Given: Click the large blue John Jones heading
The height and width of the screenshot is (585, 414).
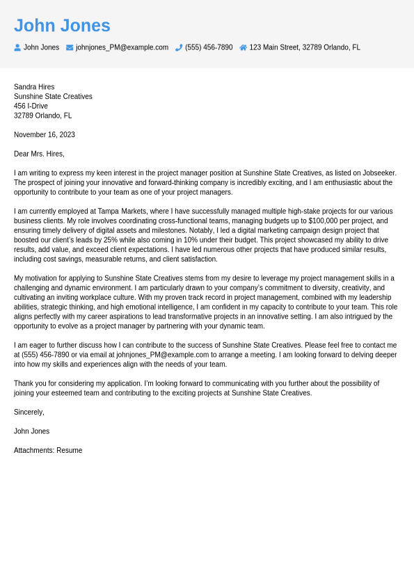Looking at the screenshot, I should [x=62, y=26].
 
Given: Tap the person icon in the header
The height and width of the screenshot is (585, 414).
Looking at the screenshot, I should [x=17, y=47].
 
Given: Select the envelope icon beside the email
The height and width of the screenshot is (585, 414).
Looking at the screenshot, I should [x=70, y=47].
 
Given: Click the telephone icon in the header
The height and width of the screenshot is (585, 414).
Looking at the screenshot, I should [x=179, y=47].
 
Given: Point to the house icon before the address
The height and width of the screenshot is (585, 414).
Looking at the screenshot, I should [x=243, y=47].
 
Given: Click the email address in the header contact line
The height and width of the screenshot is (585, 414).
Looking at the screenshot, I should [x=122, y=47].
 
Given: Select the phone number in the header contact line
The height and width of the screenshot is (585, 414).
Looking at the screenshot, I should [x=209, y=47].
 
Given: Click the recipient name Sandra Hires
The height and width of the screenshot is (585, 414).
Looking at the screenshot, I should [x=34, y=87].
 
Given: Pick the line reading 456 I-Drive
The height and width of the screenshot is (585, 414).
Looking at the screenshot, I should [x=31, y=106].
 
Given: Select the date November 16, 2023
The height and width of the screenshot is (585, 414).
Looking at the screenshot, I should [x=45, y=134].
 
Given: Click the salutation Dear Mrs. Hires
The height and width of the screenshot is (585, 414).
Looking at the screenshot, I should [x=39, y=154].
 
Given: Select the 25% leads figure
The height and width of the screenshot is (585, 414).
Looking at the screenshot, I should [x=111, y=239].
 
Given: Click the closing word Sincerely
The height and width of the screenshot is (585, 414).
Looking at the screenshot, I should [x=29, y=412].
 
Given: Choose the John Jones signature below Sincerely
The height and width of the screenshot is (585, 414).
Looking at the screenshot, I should [x=31, y=431].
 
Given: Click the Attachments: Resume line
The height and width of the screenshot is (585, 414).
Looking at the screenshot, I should [x=48, y=450].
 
